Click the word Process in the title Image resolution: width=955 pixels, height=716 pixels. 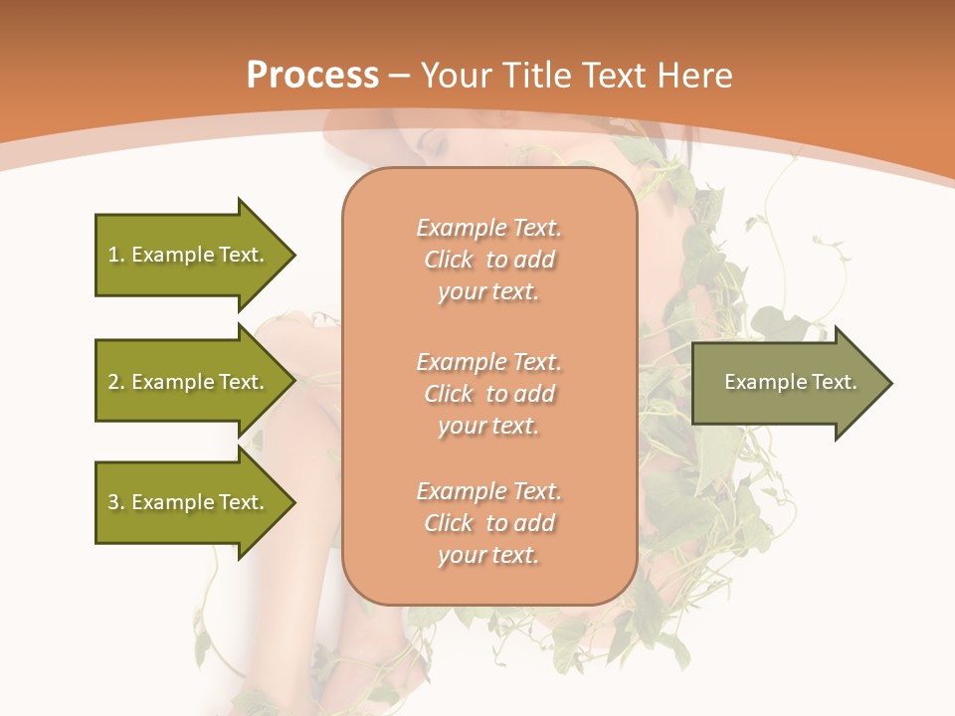coord(312,76)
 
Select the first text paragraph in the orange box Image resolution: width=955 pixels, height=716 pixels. coord(488,260)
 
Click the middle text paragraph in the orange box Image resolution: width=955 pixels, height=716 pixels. coord(488,394)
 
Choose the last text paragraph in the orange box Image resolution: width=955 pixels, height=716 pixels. coord(488,523)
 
